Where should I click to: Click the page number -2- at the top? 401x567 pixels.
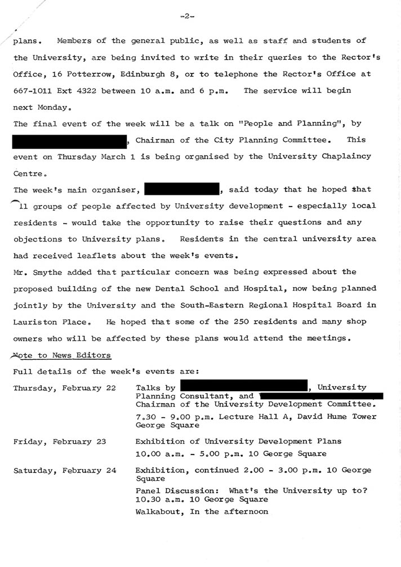pos(187,16)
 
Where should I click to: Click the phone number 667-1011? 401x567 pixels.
pos(33,91)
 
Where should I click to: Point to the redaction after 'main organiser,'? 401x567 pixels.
pos(181,190)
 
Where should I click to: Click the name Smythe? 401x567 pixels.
pos(47,272)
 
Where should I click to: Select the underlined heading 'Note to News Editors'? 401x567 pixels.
pos(62,355)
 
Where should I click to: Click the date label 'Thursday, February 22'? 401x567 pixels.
pos(57,388)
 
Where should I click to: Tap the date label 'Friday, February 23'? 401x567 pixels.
pos(60,442)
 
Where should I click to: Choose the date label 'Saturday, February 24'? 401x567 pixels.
pos(65,471)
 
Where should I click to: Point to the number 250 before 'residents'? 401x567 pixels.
pos(240,322)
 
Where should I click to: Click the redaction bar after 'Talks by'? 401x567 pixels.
pos(243,387)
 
